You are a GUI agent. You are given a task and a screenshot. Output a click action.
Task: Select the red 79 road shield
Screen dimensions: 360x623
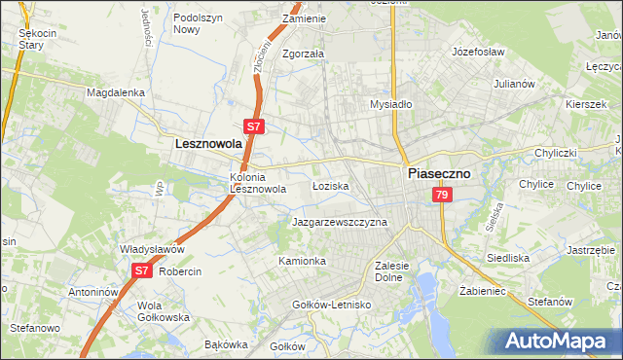tap(443, 196)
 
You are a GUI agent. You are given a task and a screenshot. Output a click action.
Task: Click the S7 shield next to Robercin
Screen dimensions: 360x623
tap(141, 270)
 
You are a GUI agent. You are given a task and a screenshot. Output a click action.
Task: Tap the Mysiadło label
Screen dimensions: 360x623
tap(391, 104)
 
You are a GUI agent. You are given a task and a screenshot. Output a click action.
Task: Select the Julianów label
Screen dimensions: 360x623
tap(515, 84)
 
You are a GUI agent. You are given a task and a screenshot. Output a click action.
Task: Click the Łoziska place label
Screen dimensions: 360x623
tap(331, 185)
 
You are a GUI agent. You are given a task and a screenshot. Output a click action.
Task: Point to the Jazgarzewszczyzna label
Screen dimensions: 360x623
tap(340, 222)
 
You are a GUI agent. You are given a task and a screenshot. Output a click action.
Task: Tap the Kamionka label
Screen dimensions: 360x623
tap(302, 261)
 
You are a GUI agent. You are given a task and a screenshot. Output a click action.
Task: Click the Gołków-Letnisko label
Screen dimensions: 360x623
tap(333, 305)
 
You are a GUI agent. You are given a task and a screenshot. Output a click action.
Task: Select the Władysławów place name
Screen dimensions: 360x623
tap(152, 249)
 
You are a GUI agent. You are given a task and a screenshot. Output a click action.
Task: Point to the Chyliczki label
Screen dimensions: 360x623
tap(556, 154)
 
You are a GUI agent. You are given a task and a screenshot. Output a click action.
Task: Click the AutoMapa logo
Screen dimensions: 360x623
tap(558, 341)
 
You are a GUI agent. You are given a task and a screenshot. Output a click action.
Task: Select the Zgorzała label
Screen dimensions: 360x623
tap(303, 54)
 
